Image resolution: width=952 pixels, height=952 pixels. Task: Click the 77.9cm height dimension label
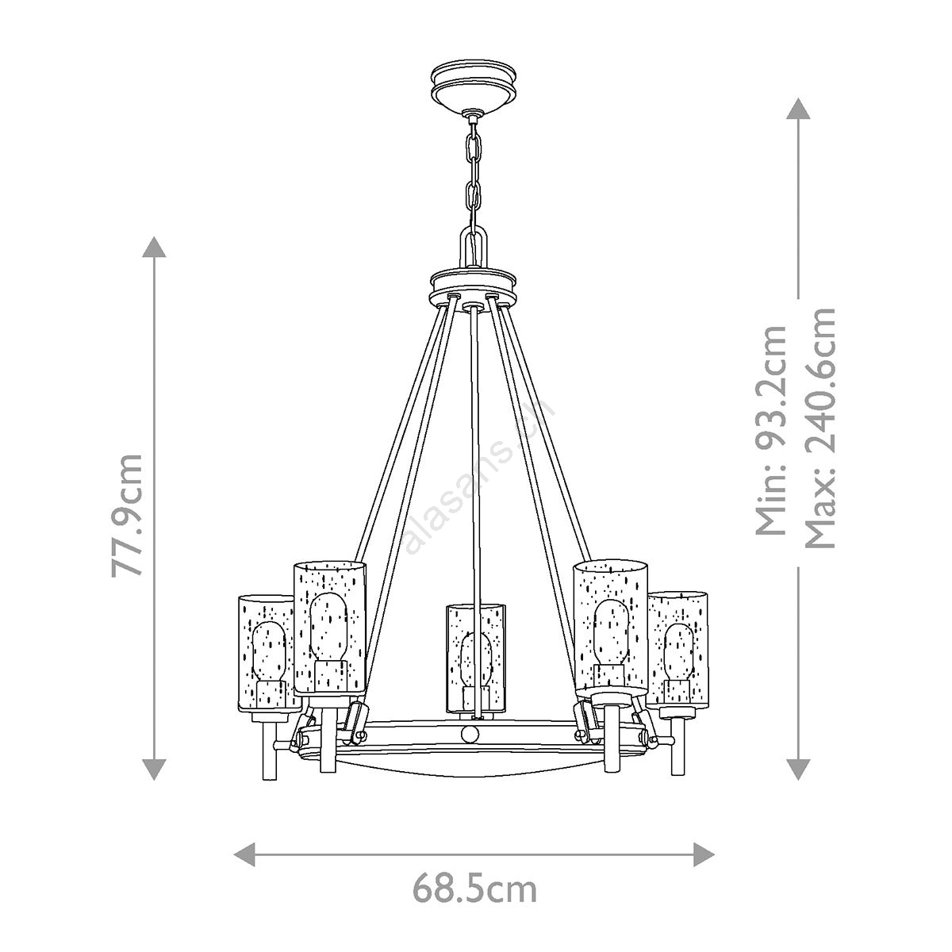point(127,514)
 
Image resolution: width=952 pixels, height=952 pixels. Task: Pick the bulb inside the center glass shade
point(474,662)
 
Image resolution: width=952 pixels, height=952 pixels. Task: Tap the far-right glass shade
point(678,655)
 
